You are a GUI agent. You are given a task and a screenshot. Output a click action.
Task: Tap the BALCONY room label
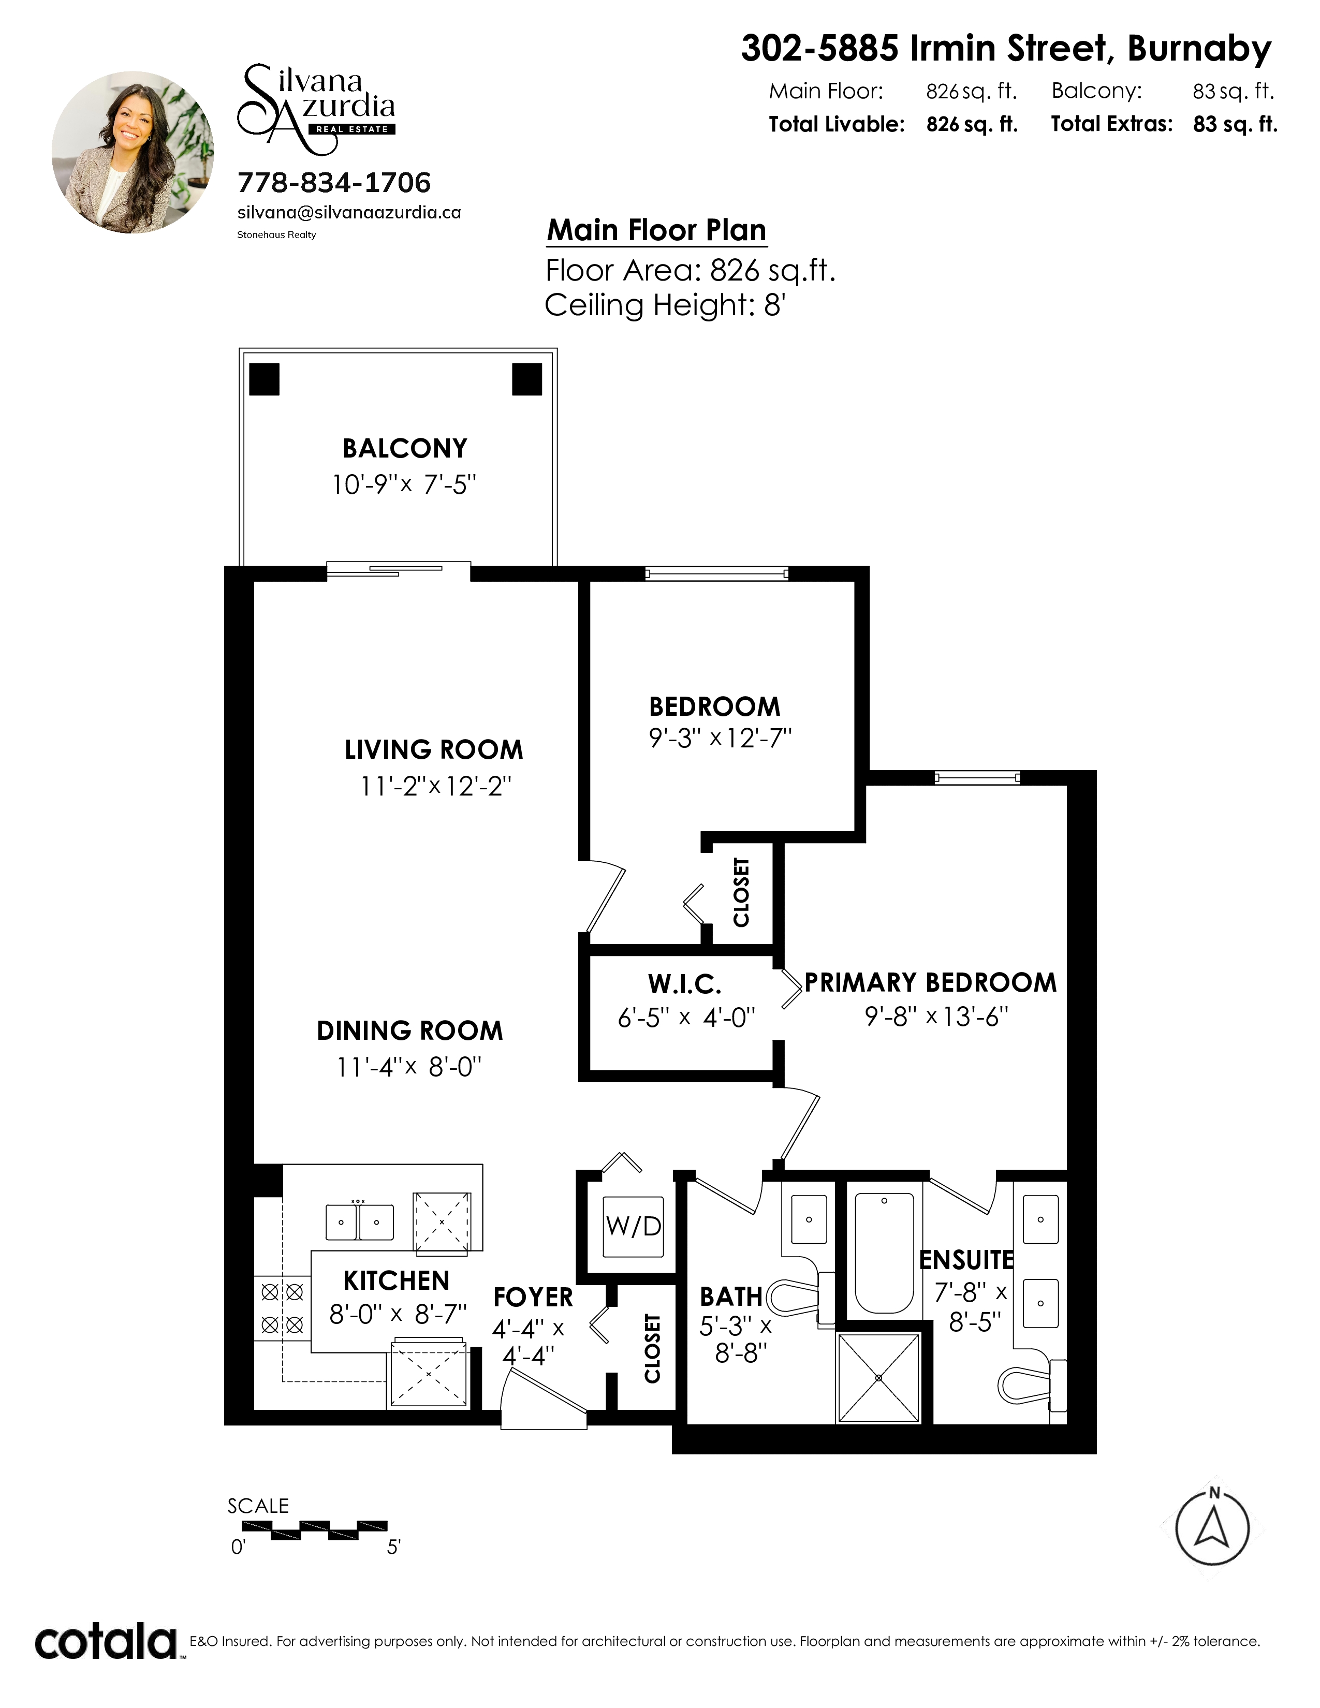point(405,449)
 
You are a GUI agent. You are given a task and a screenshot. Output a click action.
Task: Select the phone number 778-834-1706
point(334,183)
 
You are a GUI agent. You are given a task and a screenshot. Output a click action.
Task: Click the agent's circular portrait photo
point(133,153)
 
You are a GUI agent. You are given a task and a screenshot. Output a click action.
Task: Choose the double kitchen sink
point(359,1223)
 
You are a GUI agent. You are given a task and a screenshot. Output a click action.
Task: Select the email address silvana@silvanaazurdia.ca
point(349,213)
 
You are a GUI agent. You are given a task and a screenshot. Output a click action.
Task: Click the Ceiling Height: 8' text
point(665,305)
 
